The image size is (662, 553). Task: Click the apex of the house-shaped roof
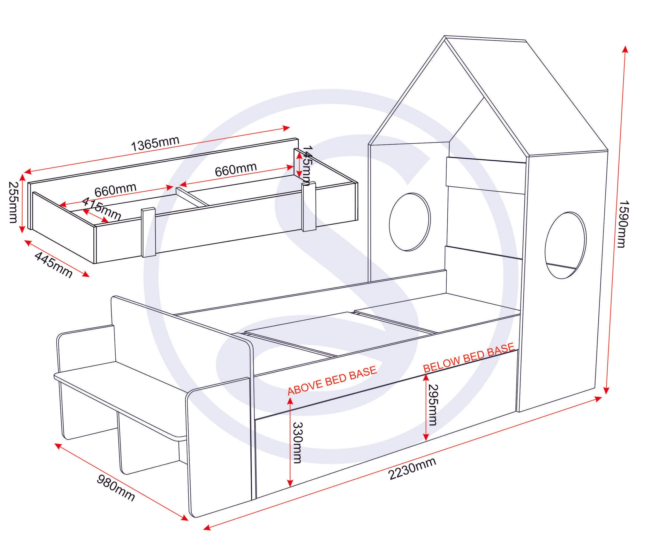(445, 36)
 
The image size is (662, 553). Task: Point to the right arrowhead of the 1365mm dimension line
(286, 128)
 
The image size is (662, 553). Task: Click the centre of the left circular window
(410, 222)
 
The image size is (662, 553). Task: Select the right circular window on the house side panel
(566, 245)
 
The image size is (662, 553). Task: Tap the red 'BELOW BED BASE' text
(469, 357)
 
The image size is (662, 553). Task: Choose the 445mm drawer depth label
(53, 265)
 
